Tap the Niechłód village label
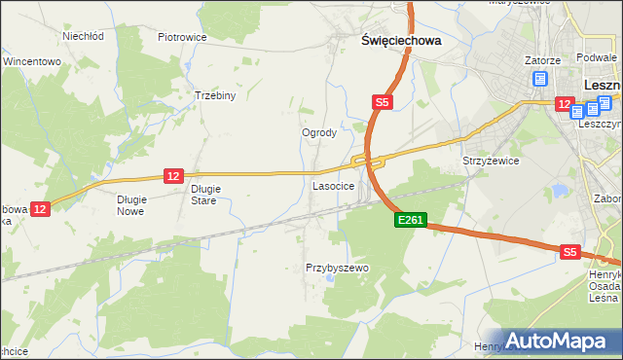coord(83,36)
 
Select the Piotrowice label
coord(182,37)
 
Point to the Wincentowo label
coord(32,61)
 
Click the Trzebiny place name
coord(215,96)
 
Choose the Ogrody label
coord(319,132)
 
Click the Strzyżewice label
coord(491,161)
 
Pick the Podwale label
coord(597,59)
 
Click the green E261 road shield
coord(410,221)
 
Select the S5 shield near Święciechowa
coord(383,101)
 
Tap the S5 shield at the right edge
coord(570,252)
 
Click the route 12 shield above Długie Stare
coord(173,175)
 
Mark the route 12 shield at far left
coord(39,208)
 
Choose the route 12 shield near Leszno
coord(563,102)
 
